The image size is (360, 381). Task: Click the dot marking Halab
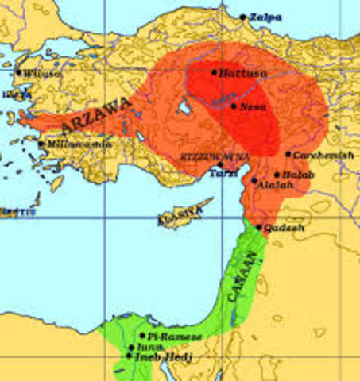[277, 174]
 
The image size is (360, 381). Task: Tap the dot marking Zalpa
[243, 16]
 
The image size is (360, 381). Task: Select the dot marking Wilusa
[18, 71]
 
